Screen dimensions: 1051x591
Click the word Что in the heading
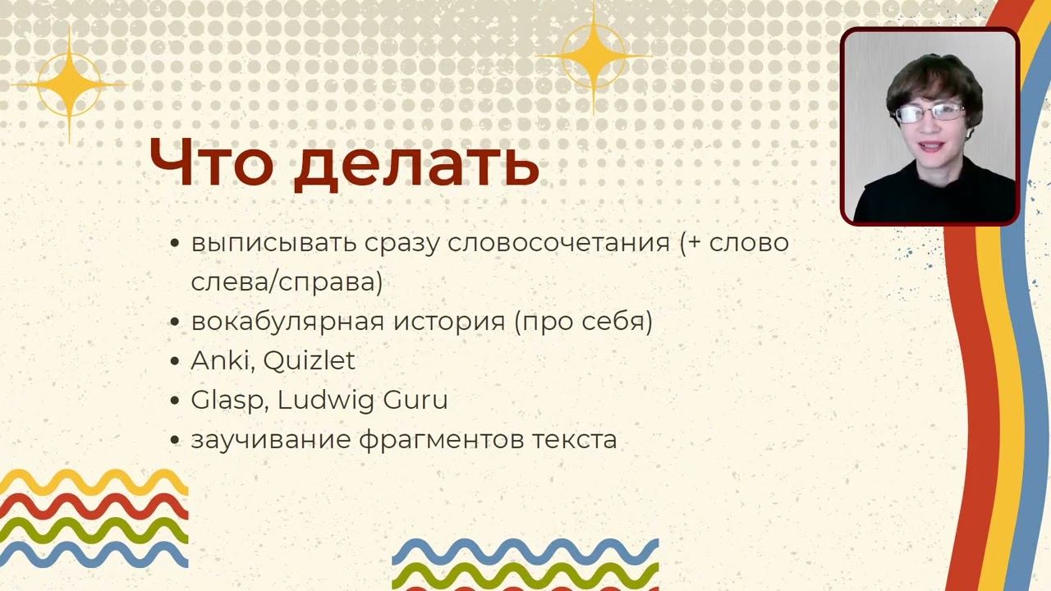pyautogui.click(x=211, y=162)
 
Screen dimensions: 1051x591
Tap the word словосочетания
pyautogui.click(x=559, y=244)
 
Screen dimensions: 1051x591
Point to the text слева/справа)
pyautogui.click(x=287, y=282)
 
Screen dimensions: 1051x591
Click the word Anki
pyautogui.click(x=223, y=360)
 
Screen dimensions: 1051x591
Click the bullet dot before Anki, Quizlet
pyautogui.click(x=175, y=362)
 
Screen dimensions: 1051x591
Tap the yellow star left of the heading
pyautogui.click(x=70, y=85)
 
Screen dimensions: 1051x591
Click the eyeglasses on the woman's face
pyautogui.click(x=929, y=113)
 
